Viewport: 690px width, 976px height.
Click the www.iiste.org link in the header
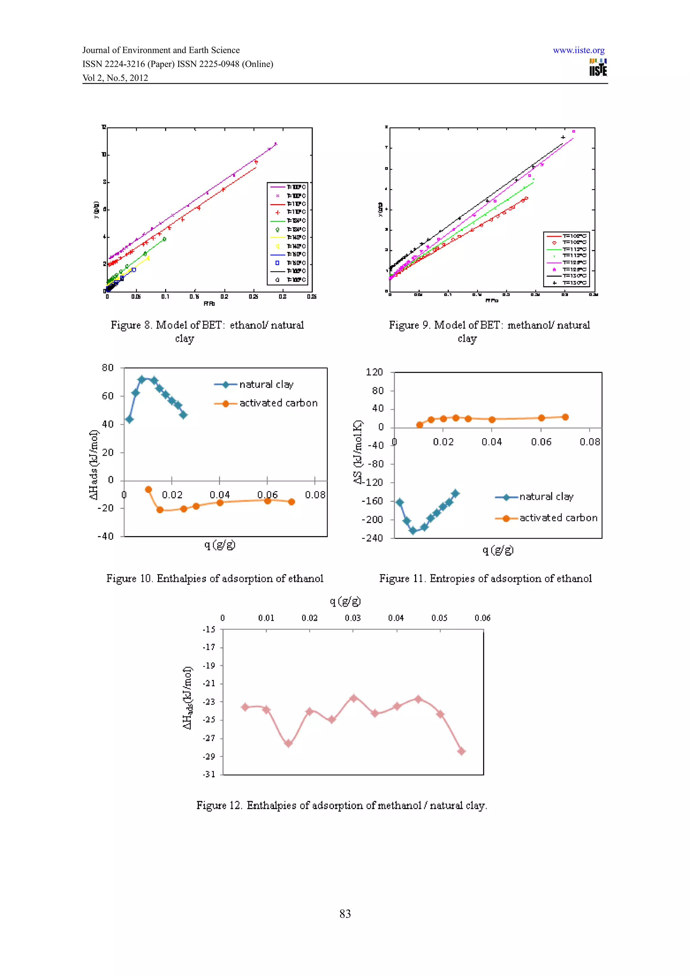[578, 50]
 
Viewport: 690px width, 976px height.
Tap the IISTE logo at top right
[598, 68]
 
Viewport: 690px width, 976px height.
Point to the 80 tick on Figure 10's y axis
[107, 368]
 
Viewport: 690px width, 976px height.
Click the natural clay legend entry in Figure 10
[266, 385]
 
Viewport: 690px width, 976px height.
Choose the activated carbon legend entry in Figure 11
[558, 518]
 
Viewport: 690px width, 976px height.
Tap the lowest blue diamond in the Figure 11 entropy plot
[412, 530]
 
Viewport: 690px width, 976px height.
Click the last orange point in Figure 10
[291, 502]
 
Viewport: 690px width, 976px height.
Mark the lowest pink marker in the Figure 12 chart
[461, 752]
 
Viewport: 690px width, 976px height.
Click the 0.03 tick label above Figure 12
[352, 618]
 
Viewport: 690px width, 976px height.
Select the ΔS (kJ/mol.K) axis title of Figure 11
[358, 452]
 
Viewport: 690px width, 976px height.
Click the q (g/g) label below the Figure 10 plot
[220, 545]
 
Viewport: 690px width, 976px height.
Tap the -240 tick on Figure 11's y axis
[372, 538]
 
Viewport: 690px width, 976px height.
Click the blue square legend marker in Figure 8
[277, 263]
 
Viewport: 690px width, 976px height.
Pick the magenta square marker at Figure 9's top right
[573, 131]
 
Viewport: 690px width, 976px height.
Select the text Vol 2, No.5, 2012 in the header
[115, 78]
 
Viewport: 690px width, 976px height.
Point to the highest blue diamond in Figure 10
[142, 379]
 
